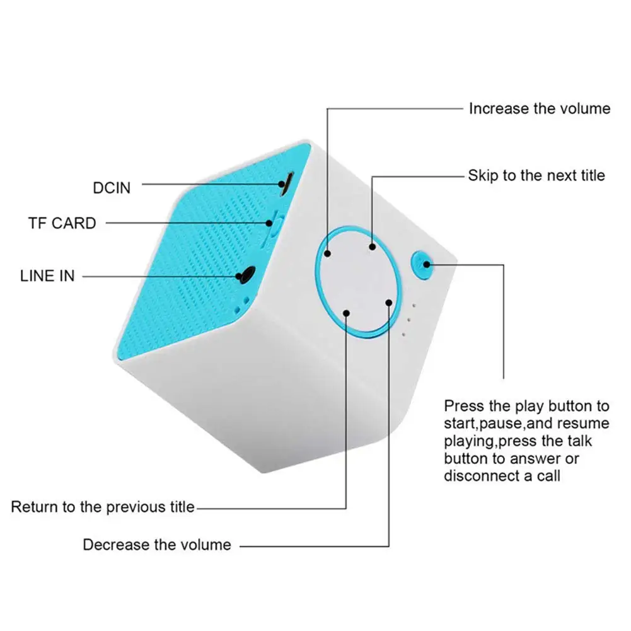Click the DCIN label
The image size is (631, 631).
(x=112, y=188)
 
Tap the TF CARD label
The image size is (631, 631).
(x=62, y=223)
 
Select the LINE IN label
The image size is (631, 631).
(x=47, y=276)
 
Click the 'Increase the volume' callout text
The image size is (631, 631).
(x=539, y=108)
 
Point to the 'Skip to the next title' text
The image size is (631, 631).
(x=536, y=175)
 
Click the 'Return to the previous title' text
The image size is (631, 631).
(x=103, y=507)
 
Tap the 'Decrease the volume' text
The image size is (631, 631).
(x=157, y=544)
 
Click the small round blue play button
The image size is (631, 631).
(x=420, y=263)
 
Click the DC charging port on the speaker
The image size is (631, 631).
(x=286, y=183)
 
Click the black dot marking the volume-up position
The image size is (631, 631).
(x=328, y=253)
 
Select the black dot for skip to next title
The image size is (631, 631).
(x=373, y=247)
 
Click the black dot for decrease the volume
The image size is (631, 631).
(x=389, y=303)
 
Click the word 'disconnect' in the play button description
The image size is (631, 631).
(x=481, y=475)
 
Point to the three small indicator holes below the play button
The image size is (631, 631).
(x=408, y=319)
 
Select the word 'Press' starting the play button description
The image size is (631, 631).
(x=464, y=405)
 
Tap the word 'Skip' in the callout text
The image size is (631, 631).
(x=482, y=175)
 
